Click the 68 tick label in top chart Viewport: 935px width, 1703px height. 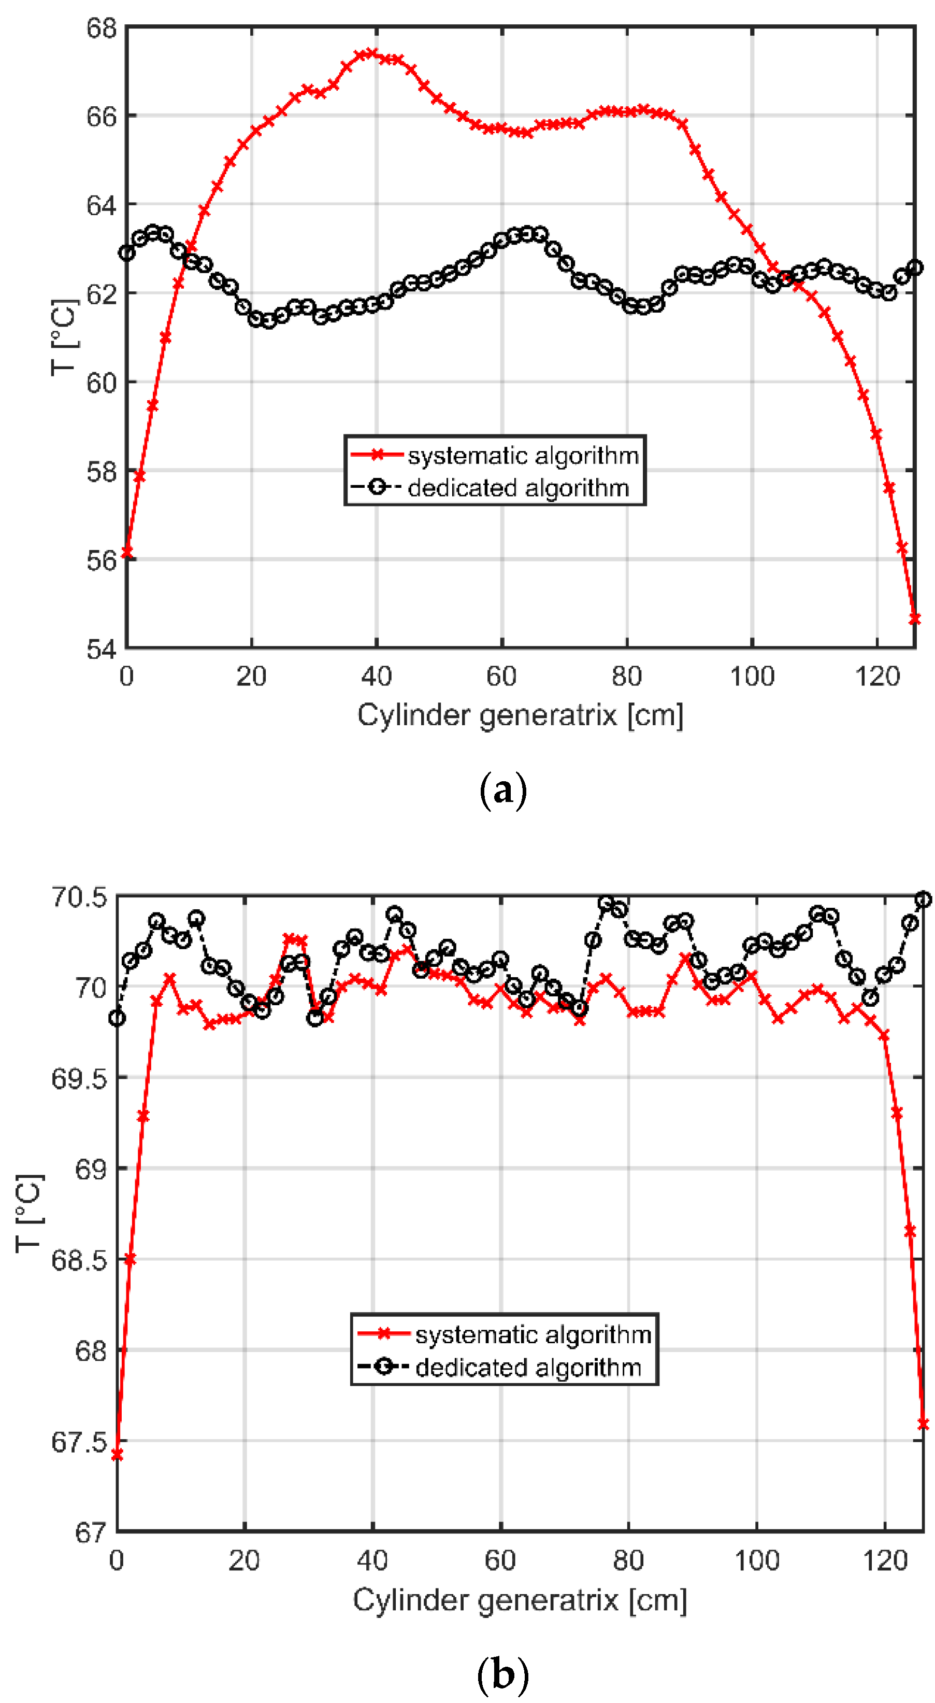point(101,29)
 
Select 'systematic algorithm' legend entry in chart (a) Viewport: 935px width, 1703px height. point(523,456)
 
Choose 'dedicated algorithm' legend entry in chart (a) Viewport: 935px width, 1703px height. point(518,488)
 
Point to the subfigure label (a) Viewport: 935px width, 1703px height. point(503,790)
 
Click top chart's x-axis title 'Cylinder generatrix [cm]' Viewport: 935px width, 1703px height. point(520,715)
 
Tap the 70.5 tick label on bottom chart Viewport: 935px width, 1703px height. point(79,897)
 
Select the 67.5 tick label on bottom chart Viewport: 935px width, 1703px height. point(79,1442)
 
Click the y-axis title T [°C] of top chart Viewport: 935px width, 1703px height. point(65,337)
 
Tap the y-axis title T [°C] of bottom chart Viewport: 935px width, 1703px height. point(30,1213)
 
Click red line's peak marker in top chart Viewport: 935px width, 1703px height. point(371,53)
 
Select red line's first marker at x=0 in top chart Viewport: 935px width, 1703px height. point(127,553)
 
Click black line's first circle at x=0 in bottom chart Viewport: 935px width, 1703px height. point(117,1018)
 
